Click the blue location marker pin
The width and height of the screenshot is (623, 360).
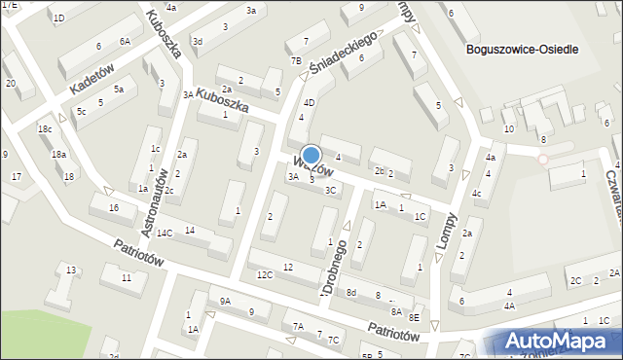pos(311,156)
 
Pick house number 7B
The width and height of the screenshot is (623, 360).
pos(296,60)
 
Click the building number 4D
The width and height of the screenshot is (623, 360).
pos(310,102)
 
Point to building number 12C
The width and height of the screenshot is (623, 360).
pos(264,275)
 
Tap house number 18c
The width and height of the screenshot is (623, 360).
pos(45,129)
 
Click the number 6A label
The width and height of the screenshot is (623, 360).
pos(125,41)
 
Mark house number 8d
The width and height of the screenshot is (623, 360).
pos(350,293)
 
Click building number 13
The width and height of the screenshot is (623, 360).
pos(70,270)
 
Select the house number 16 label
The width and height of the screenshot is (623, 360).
pos(114,208)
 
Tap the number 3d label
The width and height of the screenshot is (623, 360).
pos(197,41)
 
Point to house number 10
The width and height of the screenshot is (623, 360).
pos(508,129)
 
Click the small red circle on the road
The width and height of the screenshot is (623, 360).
pos(543,159)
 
